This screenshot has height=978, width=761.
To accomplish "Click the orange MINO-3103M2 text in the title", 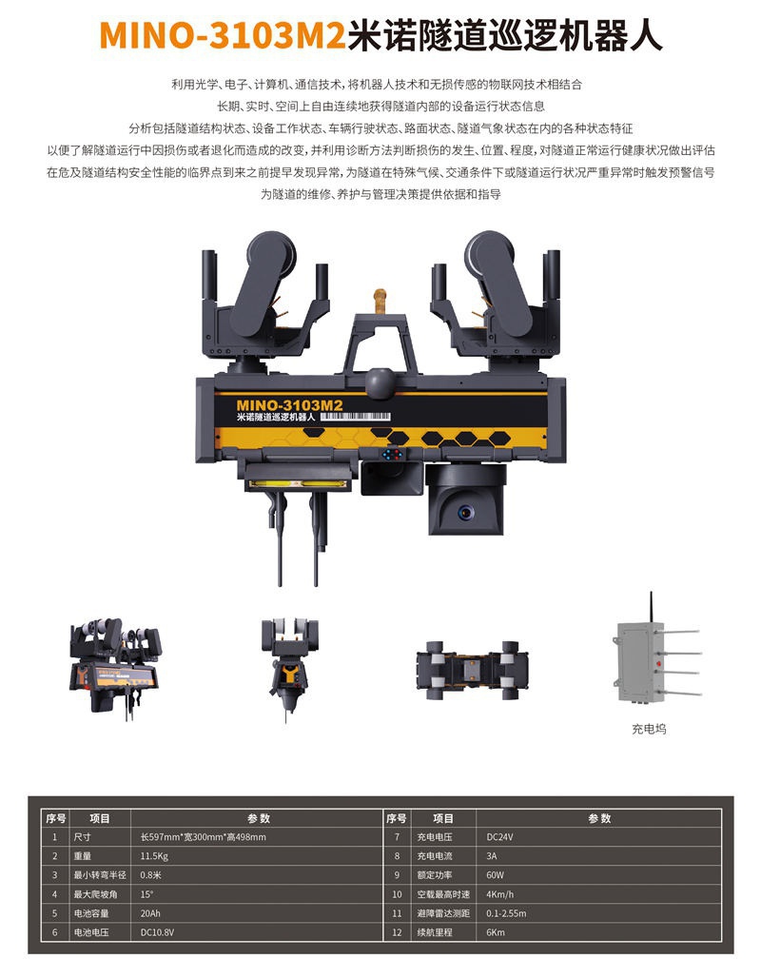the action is point(222,35).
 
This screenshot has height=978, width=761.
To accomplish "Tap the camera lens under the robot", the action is point(465,512).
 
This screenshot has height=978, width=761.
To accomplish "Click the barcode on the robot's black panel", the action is point(356,416).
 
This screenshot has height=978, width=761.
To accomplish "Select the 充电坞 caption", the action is point(649,729).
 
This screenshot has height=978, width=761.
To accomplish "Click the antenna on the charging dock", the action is point(652,608).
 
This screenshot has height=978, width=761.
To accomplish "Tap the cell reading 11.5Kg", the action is point(154,856).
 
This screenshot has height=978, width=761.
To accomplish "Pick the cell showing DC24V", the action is point(499,837).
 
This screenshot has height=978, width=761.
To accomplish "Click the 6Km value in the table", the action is point(496,932).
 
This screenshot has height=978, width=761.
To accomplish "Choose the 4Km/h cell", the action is point(499,894).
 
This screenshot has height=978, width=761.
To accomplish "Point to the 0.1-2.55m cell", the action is point(506,913).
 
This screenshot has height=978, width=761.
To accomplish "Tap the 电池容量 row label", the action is point(91,913).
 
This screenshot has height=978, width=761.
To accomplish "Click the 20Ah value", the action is point(149,913).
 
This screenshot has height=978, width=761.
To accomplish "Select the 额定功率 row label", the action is point(435,875).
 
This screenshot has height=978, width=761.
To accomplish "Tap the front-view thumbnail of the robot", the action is point(290,668).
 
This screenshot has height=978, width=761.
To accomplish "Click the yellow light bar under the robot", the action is point(296,483).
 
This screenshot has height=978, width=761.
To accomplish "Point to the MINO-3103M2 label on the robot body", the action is point(289,405).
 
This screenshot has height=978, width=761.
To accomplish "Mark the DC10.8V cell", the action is point(157,932).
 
